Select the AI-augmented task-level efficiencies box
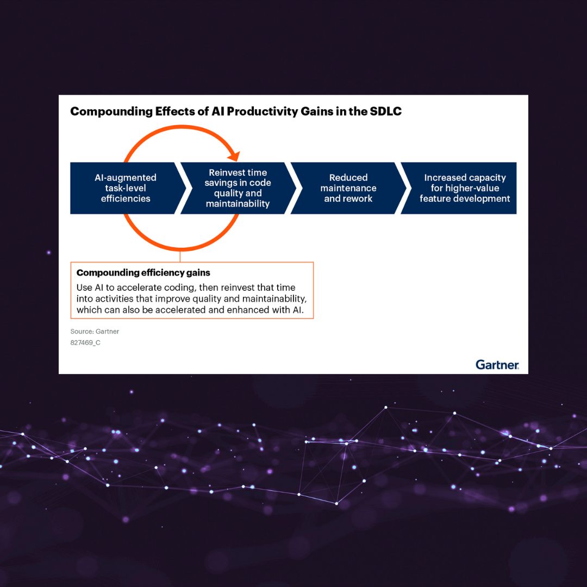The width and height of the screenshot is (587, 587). (126, 188)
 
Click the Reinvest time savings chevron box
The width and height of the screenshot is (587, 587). (238, 188)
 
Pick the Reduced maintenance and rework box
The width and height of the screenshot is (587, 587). (348, 188)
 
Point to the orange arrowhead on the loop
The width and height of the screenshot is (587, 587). (234, 156)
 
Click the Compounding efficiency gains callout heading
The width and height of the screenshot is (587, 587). (143, 273)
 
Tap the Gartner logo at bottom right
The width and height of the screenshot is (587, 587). (497, 365)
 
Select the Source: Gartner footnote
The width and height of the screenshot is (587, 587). (95, 332)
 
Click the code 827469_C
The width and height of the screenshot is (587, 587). (85, 343)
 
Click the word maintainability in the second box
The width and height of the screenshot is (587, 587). (238, 204)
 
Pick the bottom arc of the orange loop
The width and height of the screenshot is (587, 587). (180, 247)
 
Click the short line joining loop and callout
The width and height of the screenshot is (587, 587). (180, 257)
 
